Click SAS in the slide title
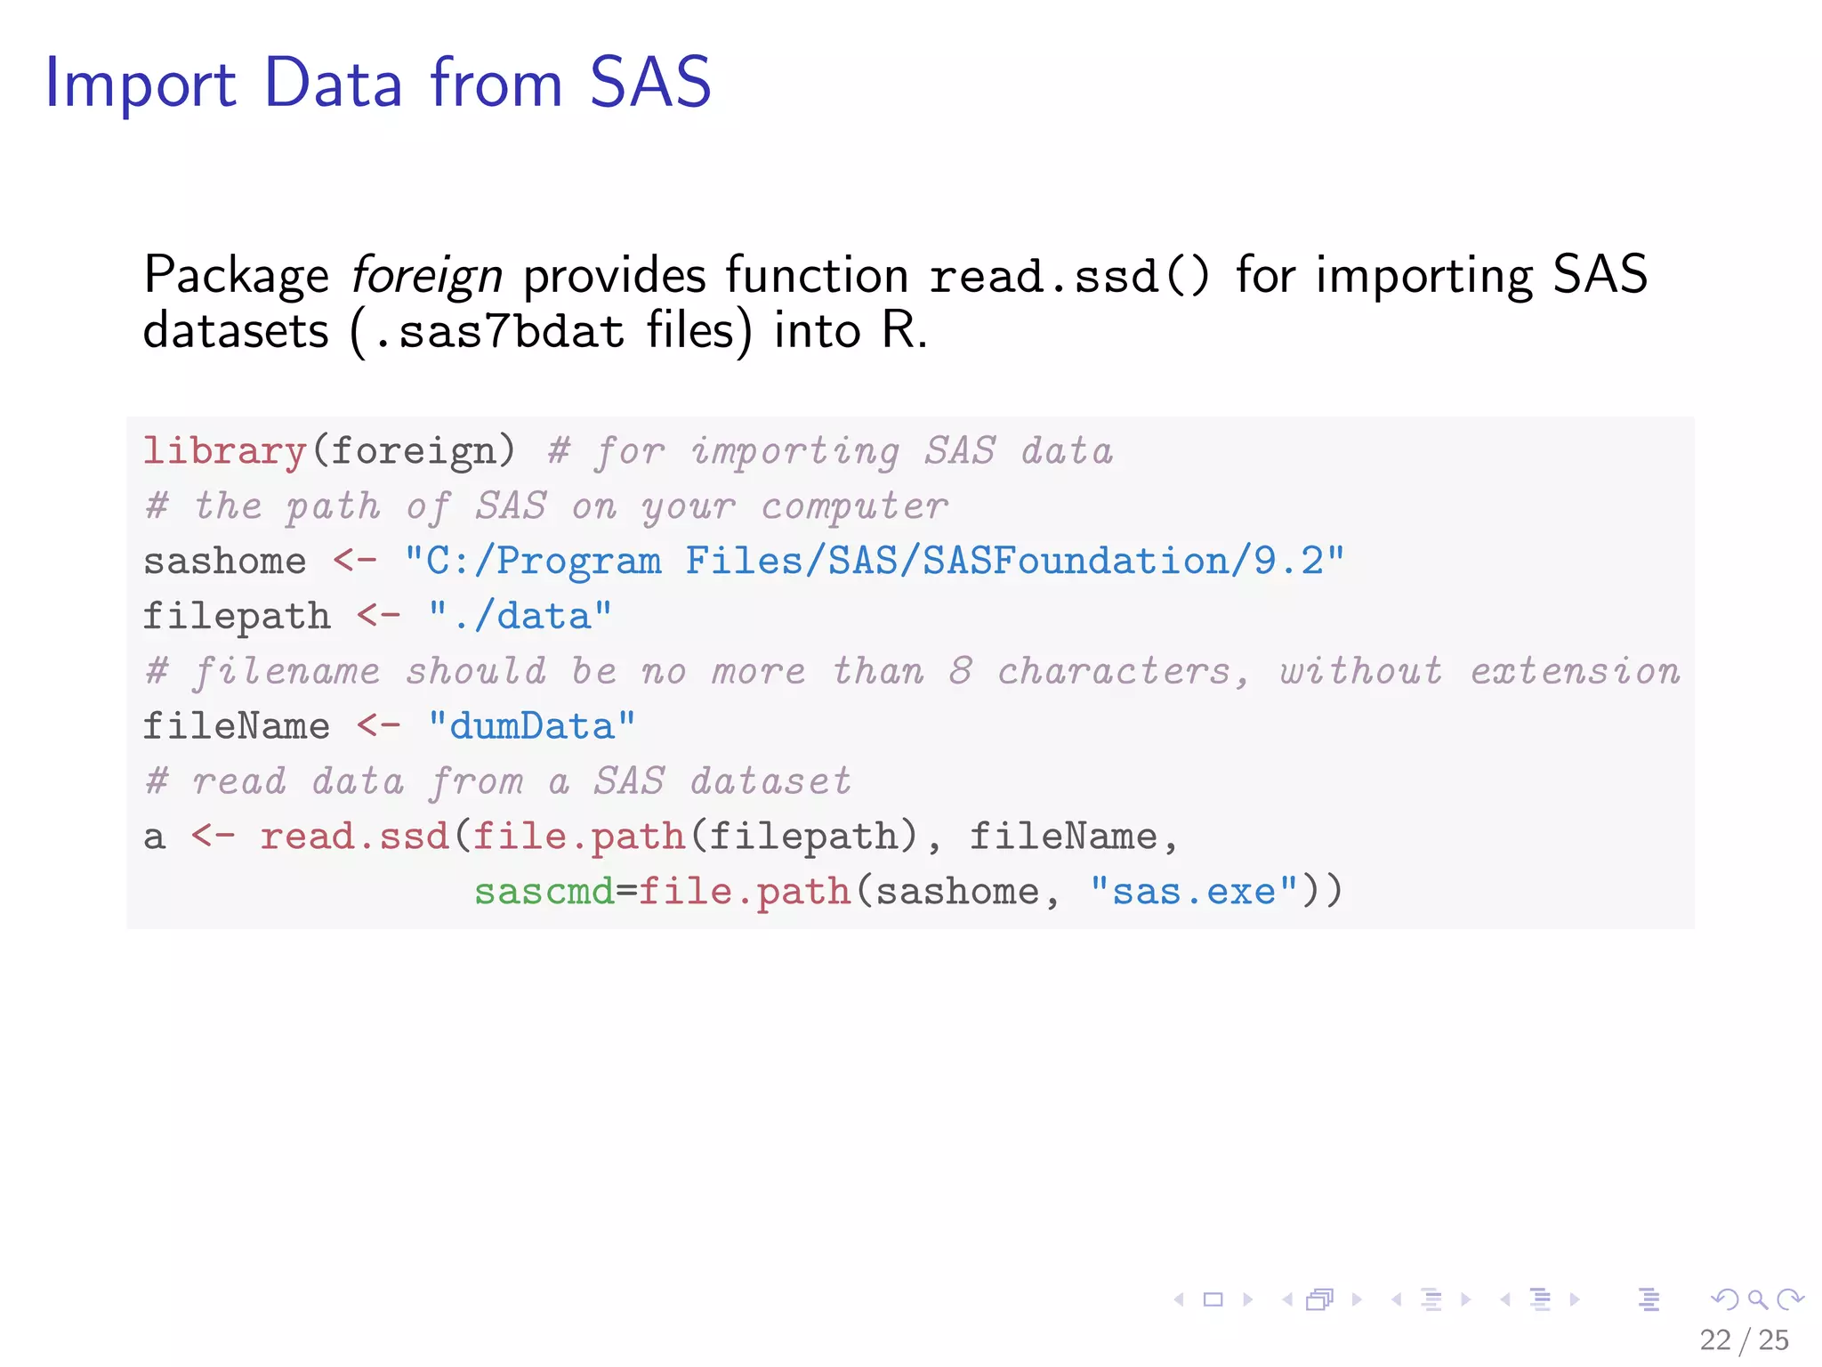[650, 83]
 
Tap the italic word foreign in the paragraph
[426, 276]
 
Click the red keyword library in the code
[224, 451]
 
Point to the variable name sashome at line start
[224, 562]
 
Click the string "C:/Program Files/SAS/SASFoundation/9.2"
[874, 562]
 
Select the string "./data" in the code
[520, 616]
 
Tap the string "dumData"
[531, 726]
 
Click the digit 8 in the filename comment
[959, 671]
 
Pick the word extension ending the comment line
[1575, 671]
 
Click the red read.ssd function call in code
[354, 837]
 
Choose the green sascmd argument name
[544, 892]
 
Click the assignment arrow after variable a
[213, 837]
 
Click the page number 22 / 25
[1743, 1339]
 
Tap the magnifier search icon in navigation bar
[1757, 1299]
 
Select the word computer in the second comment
[855, 506]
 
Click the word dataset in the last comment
[770, 781]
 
